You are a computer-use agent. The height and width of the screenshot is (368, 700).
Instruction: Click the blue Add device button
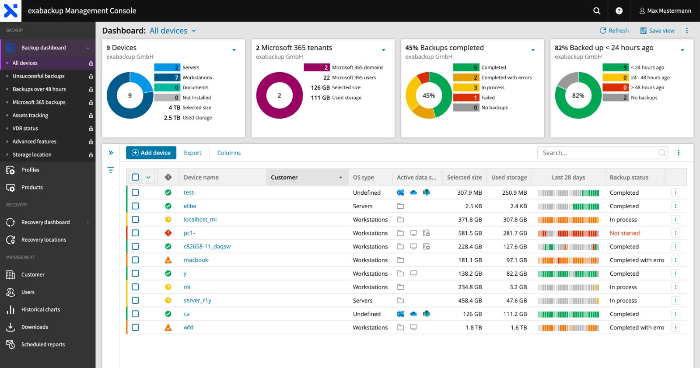[x=151, y=153]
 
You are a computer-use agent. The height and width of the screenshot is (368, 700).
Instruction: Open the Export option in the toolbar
[x=192, y=153]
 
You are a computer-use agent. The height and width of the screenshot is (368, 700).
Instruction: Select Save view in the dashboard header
[x=657, y=31]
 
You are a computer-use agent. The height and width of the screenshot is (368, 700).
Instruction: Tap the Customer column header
[x=284, y=177]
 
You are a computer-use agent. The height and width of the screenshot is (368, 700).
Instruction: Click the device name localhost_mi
[x=200, y=220]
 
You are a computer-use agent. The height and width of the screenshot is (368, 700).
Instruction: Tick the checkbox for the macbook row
[x=135, y=260]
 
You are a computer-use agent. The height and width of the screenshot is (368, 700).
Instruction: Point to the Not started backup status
[x=624, y=233]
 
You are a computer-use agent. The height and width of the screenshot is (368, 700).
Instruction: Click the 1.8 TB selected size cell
[x=473, y=327]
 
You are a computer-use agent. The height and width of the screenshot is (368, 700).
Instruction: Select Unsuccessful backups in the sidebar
[x=38, y=76]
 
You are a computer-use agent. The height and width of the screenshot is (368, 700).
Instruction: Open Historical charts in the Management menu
[x=40, y=309]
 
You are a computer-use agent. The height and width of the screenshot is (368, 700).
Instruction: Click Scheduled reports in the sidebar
[x=43, y=344]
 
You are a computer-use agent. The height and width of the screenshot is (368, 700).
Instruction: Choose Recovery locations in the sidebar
[x=43, y=240]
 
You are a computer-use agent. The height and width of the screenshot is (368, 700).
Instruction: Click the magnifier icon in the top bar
[x=596, y=11]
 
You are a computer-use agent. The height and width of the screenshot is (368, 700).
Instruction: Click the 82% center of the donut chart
[x=578, y=95]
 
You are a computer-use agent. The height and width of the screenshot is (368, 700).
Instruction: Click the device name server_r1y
[x=197, y=301]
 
